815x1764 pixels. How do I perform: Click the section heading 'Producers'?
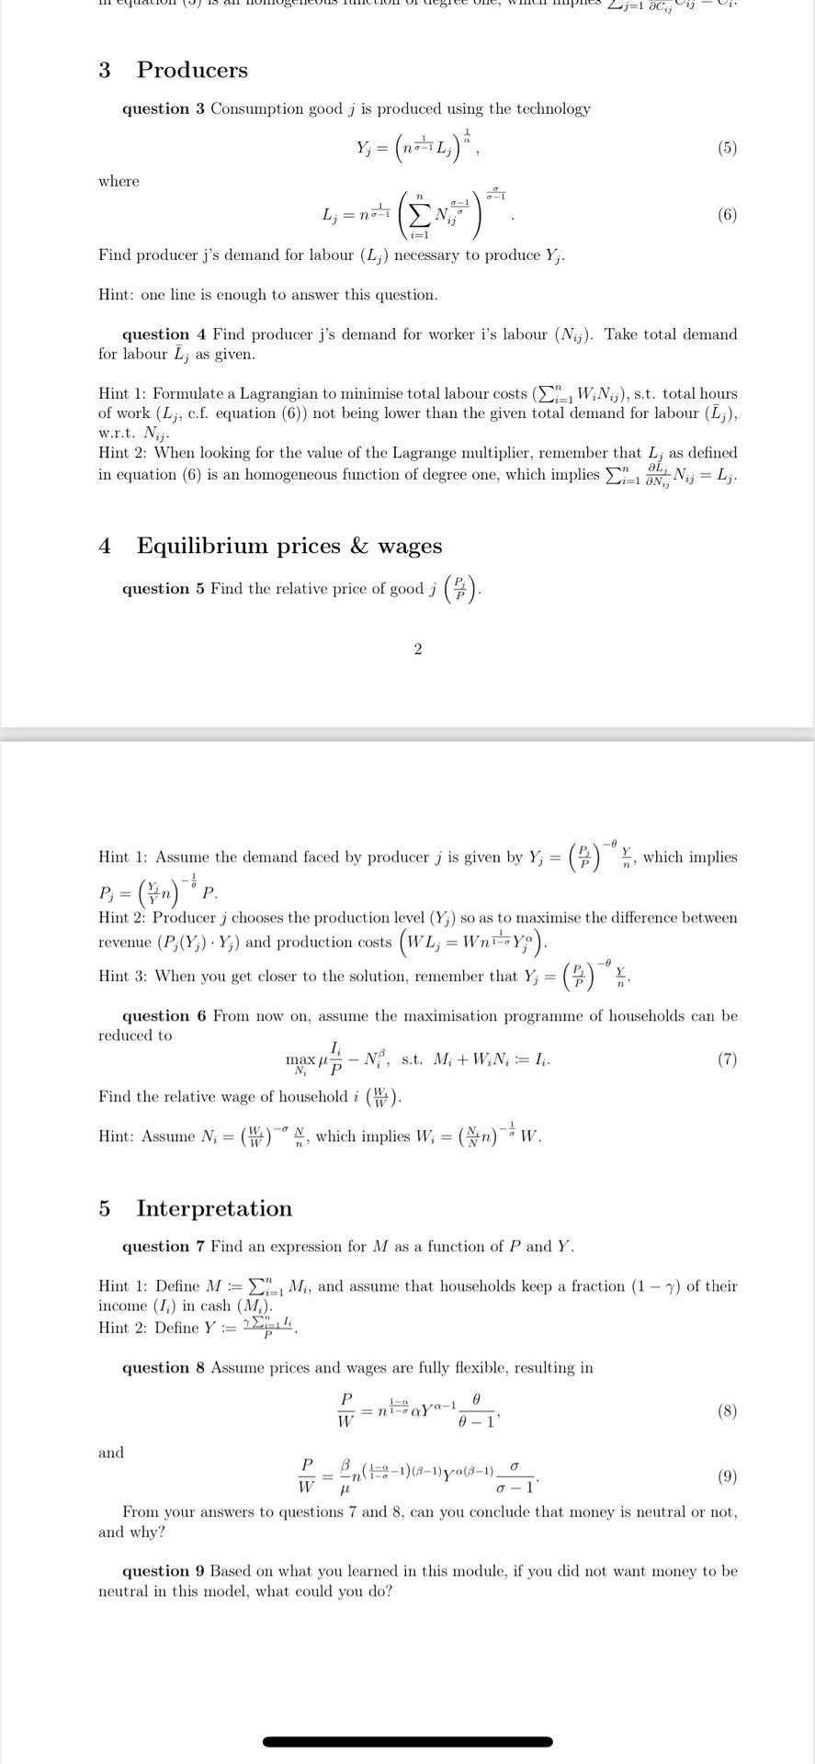192,70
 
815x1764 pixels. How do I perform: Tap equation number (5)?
727,147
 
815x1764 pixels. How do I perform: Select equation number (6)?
727,215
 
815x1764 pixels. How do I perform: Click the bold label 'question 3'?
164,108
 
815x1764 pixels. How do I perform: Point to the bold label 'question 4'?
164,334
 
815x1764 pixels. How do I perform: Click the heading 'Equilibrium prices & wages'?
289,546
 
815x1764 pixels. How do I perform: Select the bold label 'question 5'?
164,589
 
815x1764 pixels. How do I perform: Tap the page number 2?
418,650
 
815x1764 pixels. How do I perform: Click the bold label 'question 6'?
164,1015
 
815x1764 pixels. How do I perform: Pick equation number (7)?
727,1059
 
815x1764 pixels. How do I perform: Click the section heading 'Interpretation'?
214,1208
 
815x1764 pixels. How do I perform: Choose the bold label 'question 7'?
164,1247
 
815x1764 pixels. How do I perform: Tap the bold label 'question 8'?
164,1367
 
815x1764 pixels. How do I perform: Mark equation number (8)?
727,1411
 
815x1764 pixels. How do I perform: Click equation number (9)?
727,1476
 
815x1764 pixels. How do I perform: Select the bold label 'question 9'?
164,1571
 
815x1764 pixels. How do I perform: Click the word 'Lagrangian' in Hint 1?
277,393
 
